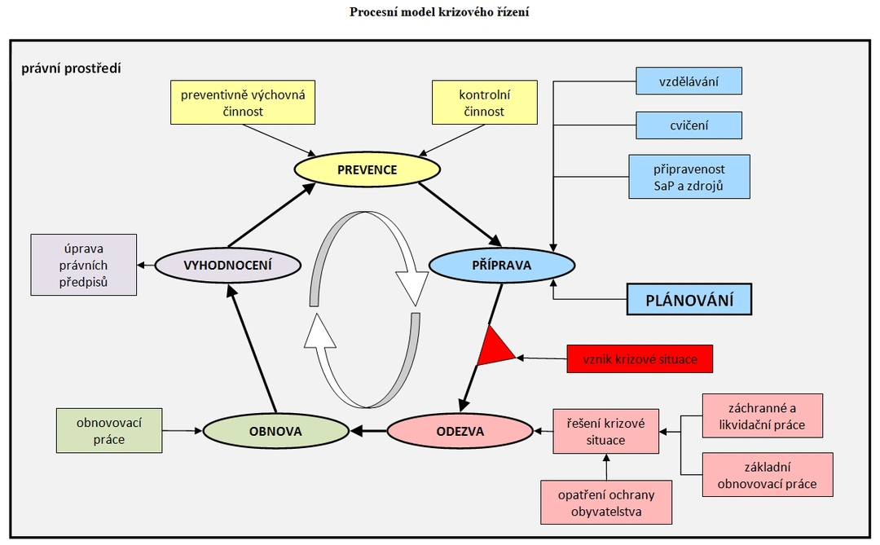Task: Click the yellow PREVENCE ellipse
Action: [367, 169]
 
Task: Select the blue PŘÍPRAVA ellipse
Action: [502, 265]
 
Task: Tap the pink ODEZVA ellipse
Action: [460, 431]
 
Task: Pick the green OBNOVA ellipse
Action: [275, 431]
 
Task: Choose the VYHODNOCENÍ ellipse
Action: [228, 265]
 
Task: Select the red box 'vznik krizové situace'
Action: [640, 359]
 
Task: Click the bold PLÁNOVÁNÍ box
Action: [689, 299]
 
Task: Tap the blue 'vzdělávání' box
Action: [689, 81]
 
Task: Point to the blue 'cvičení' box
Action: [689, 125]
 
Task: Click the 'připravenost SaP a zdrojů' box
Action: [689, 177]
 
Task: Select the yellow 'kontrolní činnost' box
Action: [484, 102]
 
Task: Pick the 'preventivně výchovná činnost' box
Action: [243, 102]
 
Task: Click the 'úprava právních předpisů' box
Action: [84, 265]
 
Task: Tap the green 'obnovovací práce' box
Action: [109, 430]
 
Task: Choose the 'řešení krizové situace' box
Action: [605, 431]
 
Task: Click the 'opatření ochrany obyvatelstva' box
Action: [606, 503]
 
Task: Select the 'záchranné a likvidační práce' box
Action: [762, 416]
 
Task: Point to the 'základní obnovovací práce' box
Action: [768, 475]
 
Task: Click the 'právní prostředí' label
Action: [71, 68]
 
